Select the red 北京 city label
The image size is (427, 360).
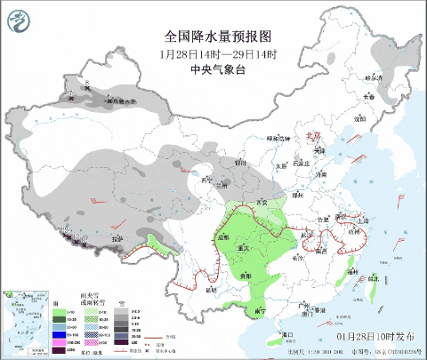(x=311, y=136)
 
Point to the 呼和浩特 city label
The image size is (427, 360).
(x=279, y=140)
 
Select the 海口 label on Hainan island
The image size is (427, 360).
(x=286, y=334)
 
